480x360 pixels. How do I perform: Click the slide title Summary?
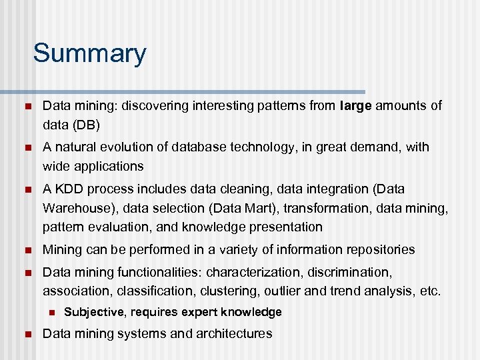click(x=89, y=53)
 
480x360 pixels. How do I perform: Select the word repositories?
click(x=379, y=250)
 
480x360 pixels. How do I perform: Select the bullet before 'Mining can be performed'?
click(x=26, y=250)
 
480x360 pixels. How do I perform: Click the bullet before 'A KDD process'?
click(x=26, y=189)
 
